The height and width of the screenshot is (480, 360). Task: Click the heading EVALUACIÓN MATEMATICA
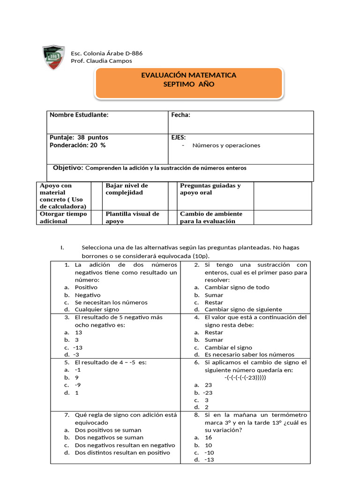coord(188,75)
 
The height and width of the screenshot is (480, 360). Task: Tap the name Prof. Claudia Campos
coord(101,61)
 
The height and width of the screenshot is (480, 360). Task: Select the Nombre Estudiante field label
coord(79,115)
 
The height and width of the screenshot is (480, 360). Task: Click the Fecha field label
coord(180,115)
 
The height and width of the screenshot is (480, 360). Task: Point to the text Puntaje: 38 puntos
coord(79,137)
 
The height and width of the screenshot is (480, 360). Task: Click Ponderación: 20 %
coord(77,145)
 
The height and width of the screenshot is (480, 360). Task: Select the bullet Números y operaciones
coord(226,145)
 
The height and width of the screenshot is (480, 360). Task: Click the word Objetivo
coord(68,168)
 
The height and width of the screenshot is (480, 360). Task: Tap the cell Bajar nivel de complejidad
coord(127,189)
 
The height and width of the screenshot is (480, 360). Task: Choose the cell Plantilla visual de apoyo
coord(132,217)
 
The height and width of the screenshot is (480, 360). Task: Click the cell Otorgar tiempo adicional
coord(63,217)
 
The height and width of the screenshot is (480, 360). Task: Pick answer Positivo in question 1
coord(86,287)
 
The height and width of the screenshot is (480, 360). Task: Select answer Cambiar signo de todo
coord(237,287)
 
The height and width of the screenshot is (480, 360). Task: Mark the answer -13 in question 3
coord(78,347)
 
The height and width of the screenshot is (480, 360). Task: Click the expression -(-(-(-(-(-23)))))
coord(245,377)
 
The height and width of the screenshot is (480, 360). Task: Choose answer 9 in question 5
coord(77,377)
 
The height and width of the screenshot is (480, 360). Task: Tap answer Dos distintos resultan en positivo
coord(122,452)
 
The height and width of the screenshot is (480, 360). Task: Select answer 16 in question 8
coord(209,437)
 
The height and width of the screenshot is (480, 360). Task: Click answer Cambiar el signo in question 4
coord(228,347)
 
